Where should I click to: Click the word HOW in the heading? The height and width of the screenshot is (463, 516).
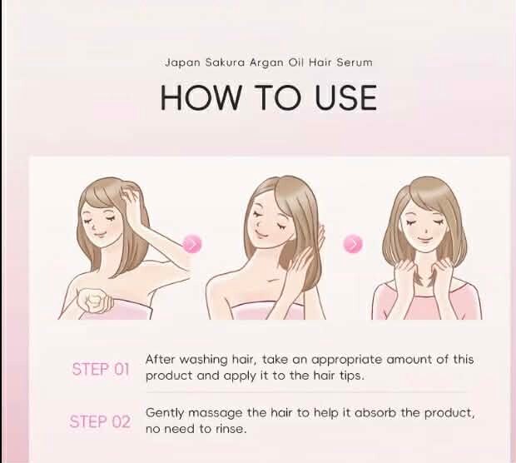click(x=201, y=97)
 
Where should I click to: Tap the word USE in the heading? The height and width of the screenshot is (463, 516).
click(x=346, y=97)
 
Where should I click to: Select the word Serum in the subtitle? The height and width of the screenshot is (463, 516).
click(x=355, y=62)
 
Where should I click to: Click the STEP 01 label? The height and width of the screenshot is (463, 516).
click(x=101, y=369)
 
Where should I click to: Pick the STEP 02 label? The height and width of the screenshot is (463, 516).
click(x=100, y=421)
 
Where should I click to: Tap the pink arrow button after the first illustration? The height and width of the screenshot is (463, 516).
click(x=192, y=244)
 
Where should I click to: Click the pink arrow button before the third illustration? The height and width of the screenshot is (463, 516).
click(x=353, y=244)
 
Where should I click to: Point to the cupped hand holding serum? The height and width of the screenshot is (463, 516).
click(x=94, y=301)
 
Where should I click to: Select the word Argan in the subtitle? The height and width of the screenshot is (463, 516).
click(x=266, y=62)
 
